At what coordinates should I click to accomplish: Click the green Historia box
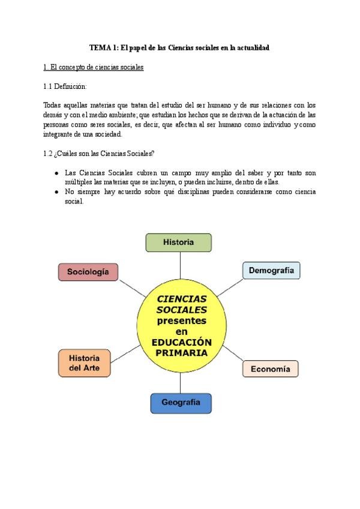coord(179,242)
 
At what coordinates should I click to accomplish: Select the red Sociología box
coord(88,272)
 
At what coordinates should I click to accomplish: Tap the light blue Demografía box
coord(271,271)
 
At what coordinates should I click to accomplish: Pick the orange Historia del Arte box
coord(84,363)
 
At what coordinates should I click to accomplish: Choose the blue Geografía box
coord(181,403)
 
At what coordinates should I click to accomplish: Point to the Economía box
coord(270,369)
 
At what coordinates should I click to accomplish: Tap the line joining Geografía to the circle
coord(181,382)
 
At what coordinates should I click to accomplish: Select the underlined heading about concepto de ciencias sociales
coord(94,67)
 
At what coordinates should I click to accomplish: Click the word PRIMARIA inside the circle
coord(181,352)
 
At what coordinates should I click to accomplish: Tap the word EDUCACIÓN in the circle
coord(181,342)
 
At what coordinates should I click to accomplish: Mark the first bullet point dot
coord(56,173)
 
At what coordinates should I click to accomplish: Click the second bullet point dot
coord(56,192)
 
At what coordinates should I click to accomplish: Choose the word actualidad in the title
coord(253,47)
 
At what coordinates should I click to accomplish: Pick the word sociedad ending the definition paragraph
coord(107,134)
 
